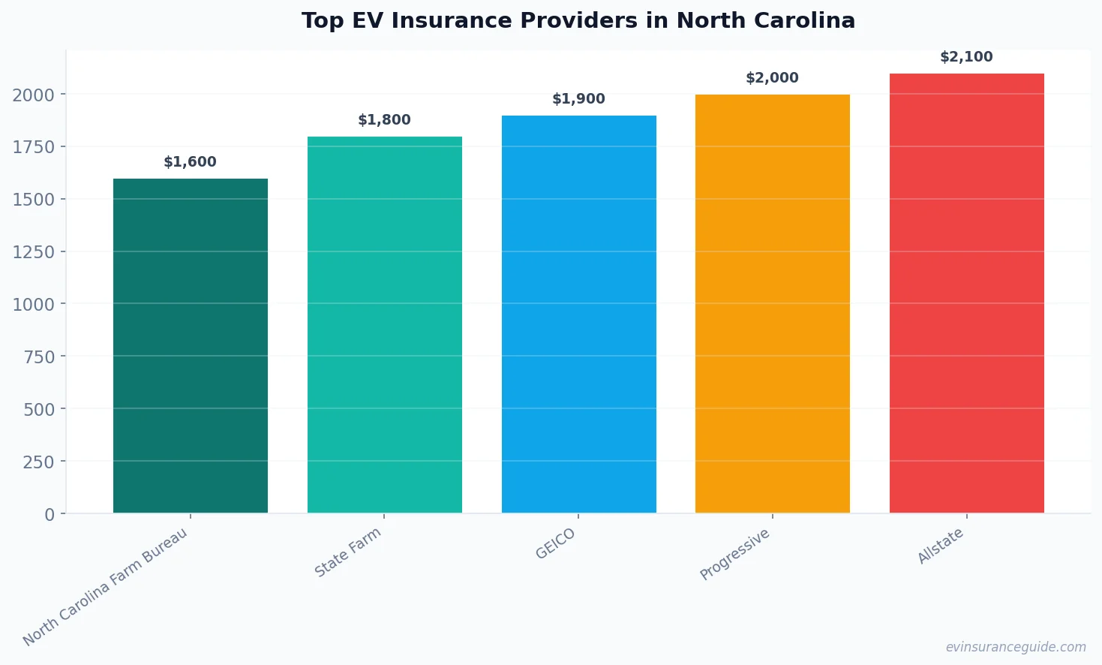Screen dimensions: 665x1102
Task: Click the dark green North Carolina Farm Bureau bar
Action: (190, 345)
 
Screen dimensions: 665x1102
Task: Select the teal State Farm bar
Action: (384, 324)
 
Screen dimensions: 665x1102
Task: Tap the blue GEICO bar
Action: (578, 314)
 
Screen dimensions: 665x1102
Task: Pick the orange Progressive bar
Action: (772, 303)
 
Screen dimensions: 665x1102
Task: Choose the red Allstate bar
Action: (966, 293)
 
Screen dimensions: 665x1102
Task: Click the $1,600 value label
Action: (190, 162)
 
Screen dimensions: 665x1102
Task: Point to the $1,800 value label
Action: (384, 120)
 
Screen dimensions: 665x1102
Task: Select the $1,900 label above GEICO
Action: (578, 99)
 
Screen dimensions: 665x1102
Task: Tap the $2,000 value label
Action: (772, 78)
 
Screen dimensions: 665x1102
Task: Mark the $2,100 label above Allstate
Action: (966, 57)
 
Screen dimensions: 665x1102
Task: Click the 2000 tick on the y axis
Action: (34, 95)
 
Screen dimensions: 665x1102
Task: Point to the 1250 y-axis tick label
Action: (34, 252)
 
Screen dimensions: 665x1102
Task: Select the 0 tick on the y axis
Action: (50, 515)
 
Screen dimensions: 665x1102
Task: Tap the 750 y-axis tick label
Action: (39, 357)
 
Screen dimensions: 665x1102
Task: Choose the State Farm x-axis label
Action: (348, 552)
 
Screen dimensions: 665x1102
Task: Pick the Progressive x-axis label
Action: (735, 554)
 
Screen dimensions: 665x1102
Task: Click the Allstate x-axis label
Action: (941, 546)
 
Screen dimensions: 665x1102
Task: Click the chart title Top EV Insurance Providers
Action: (578, 20)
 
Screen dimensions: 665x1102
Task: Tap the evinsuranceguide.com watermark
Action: (1015, 647)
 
